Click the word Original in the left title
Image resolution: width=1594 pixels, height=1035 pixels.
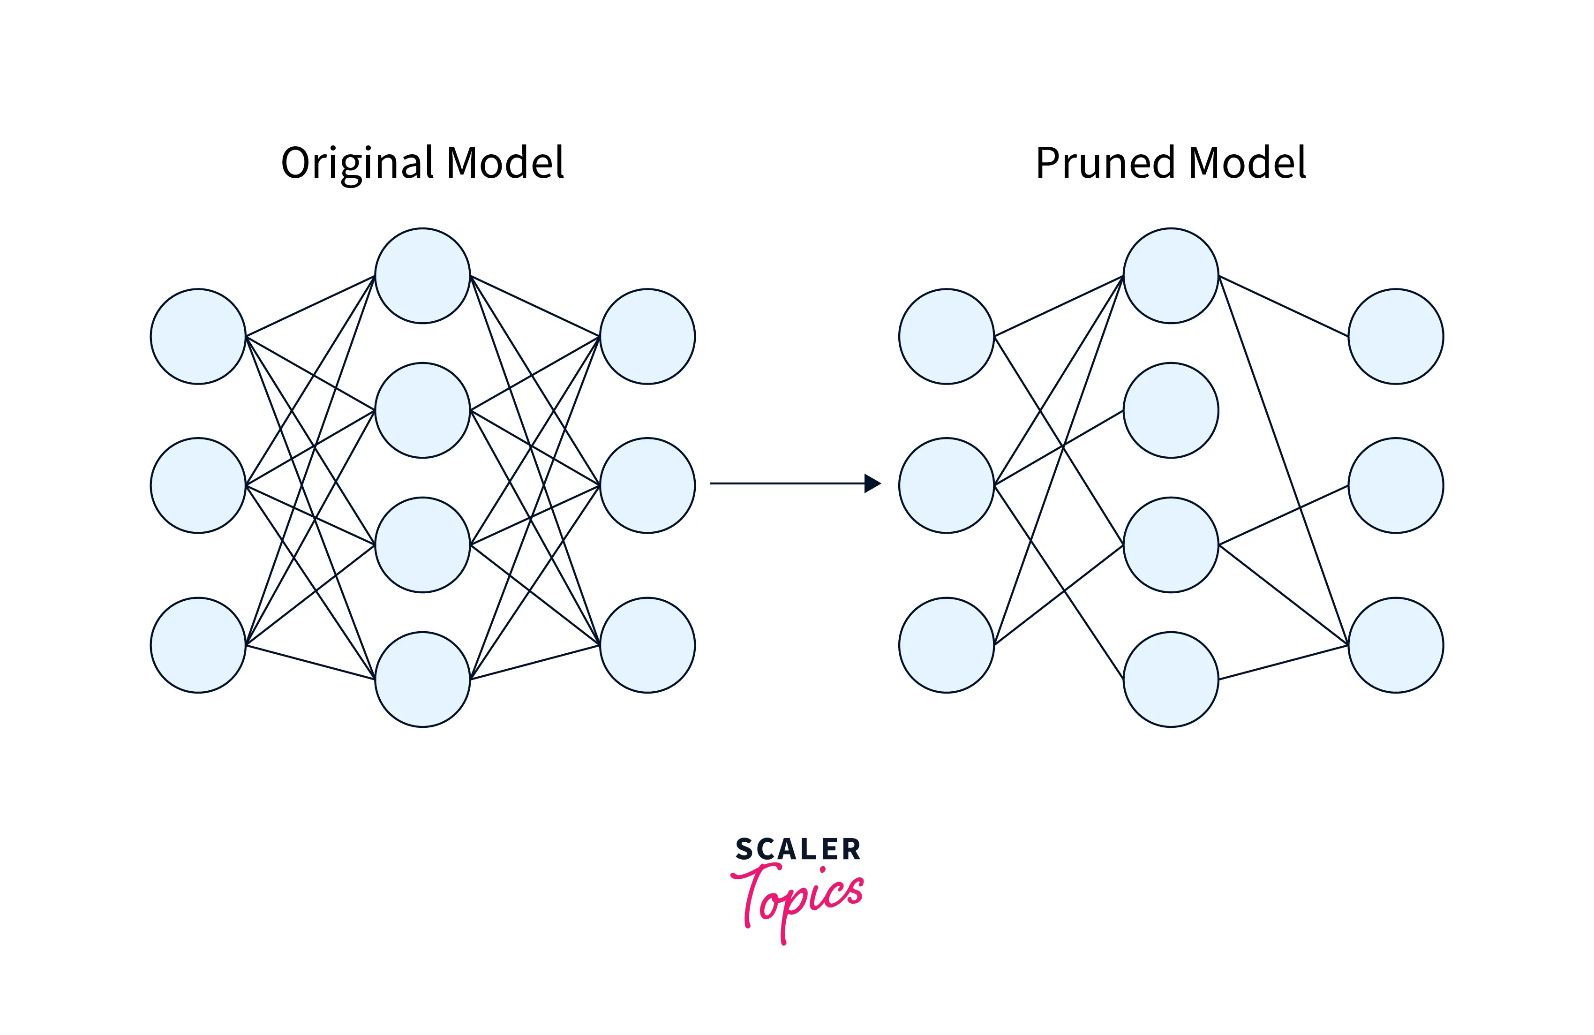point(358,163)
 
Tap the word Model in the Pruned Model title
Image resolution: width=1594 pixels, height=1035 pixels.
point(1247,163)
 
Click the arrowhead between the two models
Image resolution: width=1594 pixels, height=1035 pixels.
point(872,483)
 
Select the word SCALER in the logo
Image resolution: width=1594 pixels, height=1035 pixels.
point(797,849)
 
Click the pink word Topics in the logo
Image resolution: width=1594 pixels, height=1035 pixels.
point(800,898)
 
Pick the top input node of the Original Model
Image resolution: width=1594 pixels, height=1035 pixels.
point(198,336)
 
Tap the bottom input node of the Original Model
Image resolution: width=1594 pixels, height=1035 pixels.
point(198,645)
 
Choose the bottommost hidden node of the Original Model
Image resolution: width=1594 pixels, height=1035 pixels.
point(422,679)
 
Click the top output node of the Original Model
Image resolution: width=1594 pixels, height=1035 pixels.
point(647,336)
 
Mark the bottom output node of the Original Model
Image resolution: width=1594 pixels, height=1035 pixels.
point(647,645)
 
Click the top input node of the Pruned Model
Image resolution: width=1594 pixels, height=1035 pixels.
point(947,336)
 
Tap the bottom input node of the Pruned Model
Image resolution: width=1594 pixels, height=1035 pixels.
point(947,645)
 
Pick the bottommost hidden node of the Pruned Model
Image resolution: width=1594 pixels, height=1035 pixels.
point(1171,679)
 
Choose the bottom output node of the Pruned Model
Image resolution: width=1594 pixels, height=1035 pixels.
point(1396,645)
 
